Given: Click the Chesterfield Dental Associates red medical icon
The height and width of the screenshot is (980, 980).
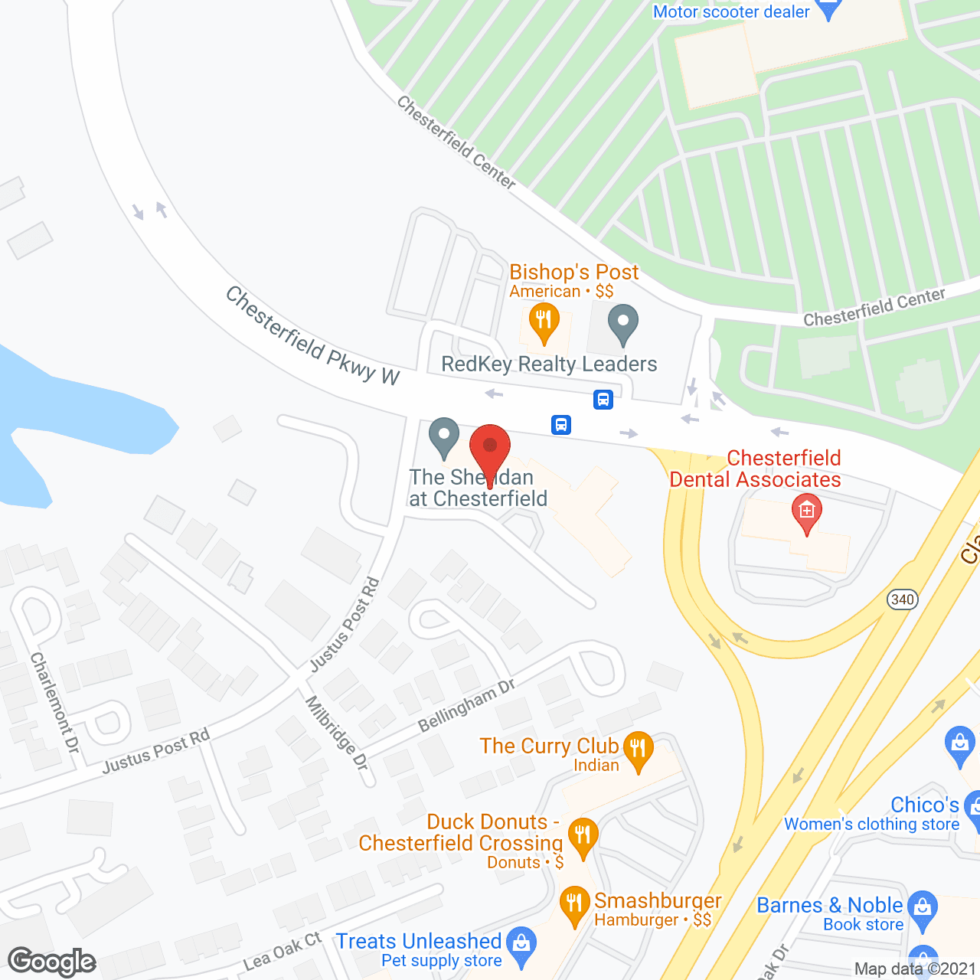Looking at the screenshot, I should click(806, 512).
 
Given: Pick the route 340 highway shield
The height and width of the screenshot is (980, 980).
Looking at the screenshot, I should click(903, 599).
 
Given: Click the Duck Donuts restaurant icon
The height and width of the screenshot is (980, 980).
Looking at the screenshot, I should click(583, 838).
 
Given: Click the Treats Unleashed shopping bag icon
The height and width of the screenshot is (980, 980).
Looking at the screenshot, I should click(522, 945).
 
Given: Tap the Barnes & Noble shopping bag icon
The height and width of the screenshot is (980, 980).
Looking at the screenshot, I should click(923, 910).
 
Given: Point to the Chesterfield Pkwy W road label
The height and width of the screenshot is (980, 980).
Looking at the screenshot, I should click(312, 335).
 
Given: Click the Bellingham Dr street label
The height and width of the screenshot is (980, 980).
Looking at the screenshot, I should click(466, 705).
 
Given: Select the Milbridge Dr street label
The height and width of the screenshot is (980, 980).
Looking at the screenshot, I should click(338, 733).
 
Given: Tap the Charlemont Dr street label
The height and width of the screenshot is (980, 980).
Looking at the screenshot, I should click(55, 702).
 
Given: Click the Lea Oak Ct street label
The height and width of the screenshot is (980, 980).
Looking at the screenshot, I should click(283, 951).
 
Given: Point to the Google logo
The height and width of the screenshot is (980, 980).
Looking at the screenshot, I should click(52, 962).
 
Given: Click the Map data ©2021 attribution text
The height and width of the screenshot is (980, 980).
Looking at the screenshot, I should click(915, 969).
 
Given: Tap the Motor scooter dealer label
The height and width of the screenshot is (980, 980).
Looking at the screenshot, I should click(731, 11).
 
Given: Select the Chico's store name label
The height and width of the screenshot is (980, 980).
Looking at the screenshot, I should click(925, 805).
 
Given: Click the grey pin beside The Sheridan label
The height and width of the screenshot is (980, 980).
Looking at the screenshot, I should click(443, 436).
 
